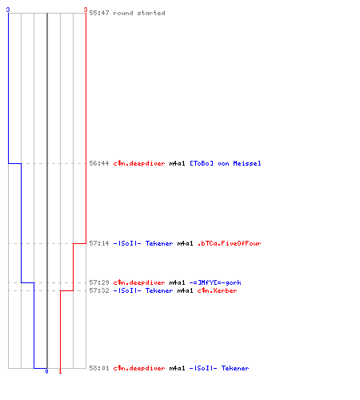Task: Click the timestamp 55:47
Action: tap(99, 13)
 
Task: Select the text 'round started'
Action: tap(139, 13)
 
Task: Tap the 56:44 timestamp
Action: tap(99, 163)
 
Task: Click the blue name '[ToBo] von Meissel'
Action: tap(226, 163)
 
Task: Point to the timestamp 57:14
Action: tap(99, 243)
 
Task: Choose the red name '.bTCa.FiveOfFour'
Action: tap(229, 243)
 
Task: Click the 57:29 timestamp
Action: tap(99, 282)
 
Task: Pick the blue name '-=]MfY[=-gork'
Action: tap(215, 282)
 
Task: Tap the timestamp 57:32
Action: tap(99, 290)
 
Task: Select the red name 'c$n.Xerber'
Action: tap(217, 290)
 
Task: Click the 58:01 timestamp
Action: tap(99, 368)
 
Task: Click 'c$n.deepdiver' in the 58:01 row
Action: tap(139, 368)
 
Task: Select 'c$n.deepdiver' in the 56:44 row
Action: tap(139, 163)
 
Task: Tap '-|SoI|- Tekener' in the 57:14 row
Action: tap(143, 243)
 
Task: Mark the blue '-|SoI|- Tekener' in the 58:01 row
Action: tap(219, 368)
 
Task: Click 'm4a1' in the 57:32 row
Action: tap(185, 290)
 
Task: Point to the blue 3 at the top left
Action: tap(8, 10)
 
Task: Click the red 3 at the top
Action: tap(86, 10)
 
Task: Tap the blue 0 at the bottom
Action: tap(46, 371)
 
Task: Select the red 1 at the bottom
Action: tap(60, 371)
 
